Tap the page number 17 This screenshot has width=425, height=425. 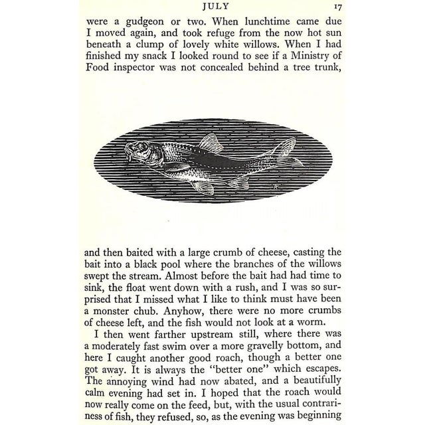[x=337, y=8]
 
